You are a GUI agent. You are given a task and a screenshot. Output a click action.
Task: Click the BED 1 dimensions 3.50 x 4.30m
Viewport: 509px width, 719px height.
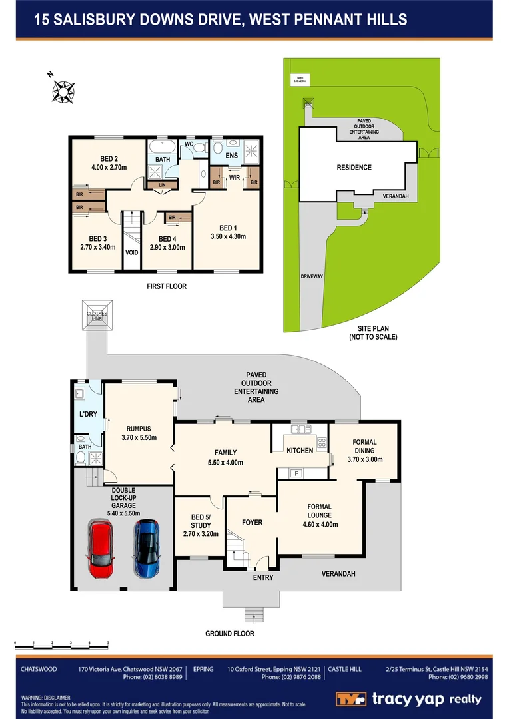pos(228,236)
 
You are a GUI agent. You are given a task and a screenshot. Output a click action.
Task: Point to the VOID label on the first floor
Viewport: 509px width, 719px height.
pos(132,253)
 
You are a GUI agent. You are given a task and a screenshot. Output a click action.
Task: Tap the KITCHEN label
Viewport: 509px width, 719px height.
pos(299,451)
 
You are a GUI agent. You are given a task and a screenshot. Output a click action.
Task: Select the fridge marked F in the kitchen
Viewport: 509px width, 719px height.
pos(296,473)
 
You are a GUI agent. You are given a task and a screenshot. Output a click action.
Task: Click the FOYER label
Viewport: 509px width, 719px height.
pos(252,523)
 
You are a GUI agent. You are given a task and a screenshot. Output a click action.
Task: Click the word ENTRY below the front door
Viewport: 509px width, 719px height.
pos(262,577)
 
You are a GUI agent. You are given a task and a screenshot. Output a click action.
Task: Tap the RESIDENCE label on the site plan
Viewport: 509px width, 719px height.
pos(354,168)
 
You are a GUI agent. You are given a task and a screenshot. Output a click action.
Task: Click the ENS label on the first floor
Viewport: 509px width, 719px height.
pos(231,156)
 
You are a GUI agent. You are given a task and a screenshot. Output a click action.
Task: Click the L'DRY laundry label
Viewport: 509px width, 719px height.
pos(89,415)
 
